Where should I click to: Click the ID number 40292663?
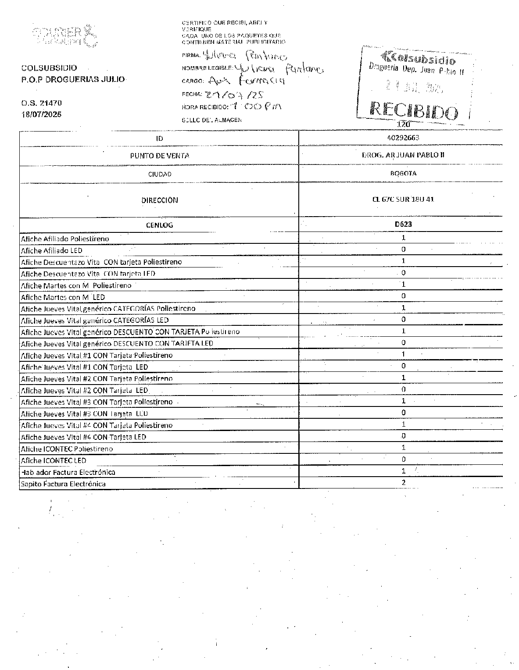coord(403,138)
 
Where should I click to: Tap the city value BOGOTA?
coord(403,173)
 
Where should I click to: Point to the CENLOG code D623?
coord(403,224)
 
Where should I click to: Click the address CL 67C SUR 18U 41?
coord(403,199)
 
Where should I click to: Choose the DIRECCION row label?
coord(160,200)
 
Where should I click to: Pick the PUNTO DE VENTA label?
coord(160,156)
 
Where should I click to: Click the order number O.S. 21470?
coord(42,103)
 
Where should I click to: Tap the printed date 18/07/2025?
coord(42,114)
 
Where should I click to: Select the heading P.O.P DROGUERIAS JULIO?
coord(73,79)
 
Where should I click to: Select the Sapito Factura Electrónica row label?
coord(63,484)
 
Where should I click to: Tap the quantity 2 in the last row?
coord(404,482)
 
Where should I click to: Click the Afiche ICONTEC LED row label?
coord(54,460)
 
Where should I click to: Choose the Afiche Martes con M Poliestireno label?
coord(76,285)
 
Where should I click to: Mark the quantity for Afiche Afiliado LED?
coord(404,249)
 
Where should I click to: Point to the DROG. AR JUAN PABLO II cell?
coord(403,155)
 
